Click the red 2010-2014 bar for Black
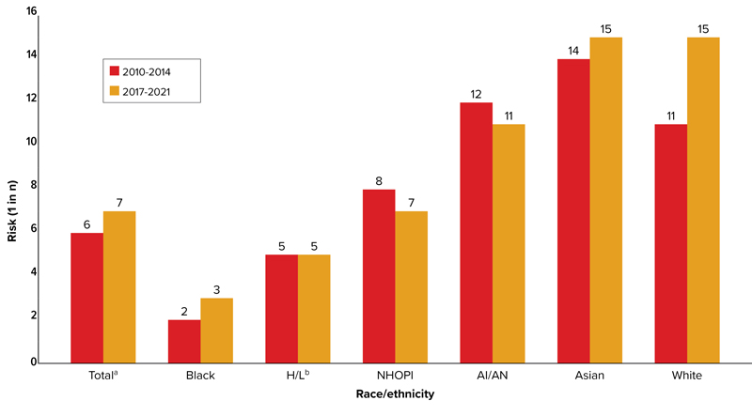tap(184, 341)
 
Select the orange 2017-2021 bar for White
tap(703, 200)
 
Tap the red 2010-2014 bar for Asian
tap(573, 210)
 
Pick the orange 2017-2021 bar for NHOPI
tap(412, 286)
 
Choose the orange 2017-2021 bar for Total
tap(119, 286)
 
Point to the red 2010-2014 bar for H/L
tap(282, 308)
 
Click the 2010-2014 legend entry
tap(141, 70)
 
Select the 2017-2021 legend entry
tap(141, 91)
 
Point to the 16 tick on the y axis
tap(32, 11)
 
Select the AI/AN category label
tap(493, 376)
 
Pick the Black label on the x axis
tap(200, 376)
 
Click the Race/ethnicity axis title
tap(395, 395)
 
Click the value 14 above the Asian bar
tap(573, 50)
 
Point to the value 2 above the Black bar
tap(184, 310)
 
